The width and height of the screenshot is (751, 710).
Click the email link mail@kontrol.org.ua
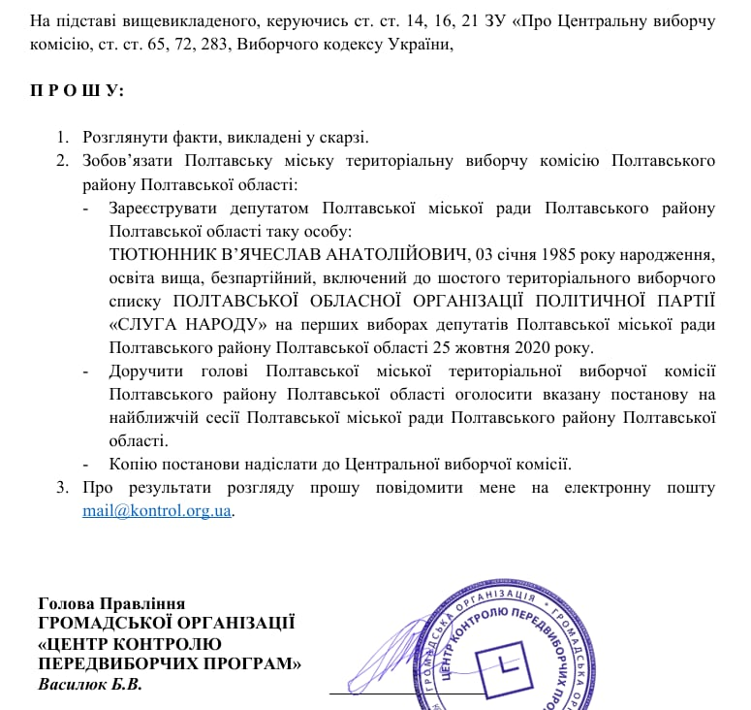[x=157, y=510]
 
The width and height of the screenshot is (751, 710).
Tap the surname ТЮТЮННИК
[x=160, y=255]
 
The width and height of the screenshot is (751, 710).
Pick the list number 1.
[x=62, y=138]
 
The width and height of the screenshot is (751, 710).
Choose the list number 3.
[x=62, y=487]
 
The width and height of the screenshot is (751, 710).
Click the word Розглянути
[x=127, y=138]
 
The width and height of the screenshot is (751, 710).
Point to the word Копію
[x=134, y=464]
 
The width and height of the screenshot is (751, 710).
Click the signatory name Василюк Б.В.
[x=90, y=686]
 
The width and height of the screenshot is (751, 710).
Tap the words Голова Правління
[x=111, y=603]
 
